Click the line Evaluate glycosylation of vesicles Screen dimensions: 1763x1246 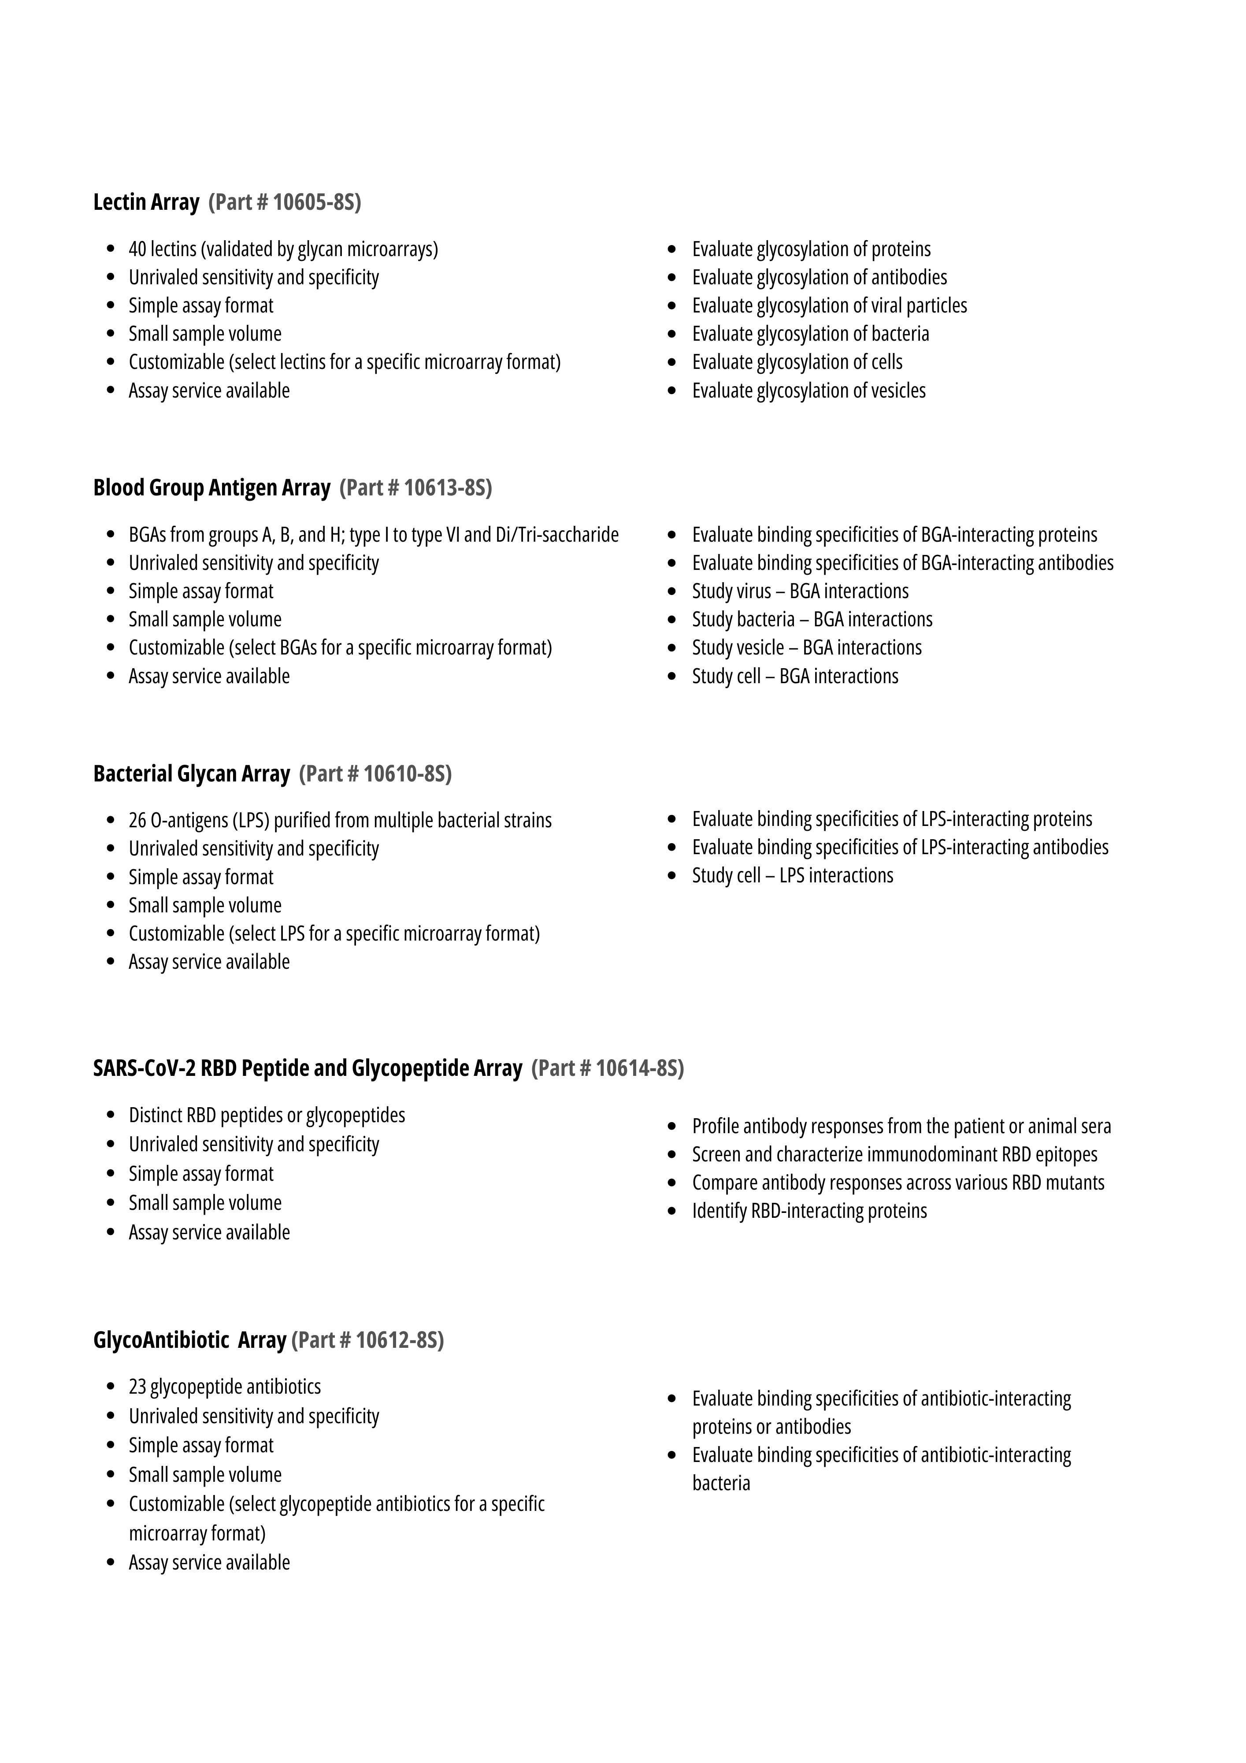[808, 391]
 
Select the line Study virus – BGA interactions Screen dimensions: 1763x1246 [800, 591]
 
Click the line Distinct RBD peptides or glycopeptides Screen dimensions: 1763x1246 [267, 1115]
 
